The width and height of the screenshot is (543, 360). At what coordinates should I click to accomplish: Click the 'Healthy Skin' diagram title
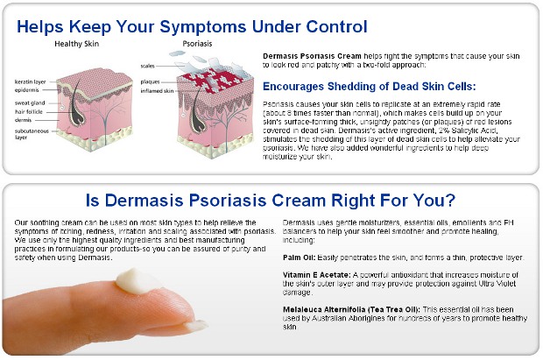coord(76,44)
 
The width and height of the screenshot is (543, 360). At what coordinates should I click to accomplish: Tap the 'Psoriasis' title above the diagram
coord(197,44)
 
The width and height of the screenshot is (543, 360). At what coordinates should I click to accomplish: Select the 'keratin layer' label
coord(30,81)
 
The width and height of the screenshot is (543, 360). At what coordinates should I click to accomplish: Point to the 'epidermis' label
coord(26,90)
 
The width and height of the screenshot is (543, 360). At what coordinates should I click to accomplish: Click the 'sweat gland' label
coord(30,102)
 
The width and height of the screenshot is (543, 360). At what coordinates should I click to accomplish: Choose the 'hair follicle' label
coord(29,111)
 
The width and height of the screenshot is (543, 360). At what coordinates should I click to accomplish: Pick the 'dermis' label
coord(23,120)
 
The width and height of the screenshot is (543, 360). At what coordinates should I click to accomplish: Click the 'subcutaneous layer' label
coord(32,134)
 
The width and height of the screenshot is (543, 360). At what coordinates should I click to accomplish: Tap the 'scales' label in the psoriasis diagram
coord(147,66)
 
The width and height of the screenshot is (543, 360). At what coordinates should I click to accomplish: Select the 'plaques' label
coord(150,81)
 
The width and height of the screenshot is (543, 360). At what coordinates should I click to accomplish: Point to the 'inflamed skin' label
coord(157,91)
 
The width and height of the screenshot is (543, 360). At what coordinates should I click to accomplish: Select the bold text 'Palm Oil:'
coord(300,258)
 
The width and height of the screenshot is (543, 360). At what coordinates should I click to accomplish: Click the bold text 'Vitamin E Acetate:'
coord(317,275)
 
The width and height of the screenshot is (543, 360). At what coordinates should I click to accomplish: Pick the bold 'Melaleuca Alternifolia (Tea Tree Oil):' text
coord(351,310)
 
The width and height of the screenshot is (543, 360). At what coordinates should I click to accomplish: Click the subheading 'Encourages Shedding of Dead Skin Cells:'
coord(370,86)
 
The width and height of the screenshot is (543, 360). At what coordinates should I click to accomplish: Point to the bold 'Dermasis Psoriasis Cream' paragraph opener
coord(312,56)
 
